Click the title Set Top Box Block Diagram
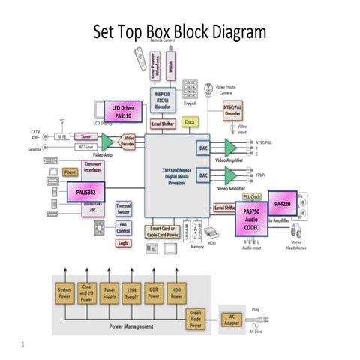[179, 32]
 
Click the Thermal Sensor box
[124, 208]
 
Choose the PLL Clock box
[252, 196]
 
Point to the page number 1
[24, 345]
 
